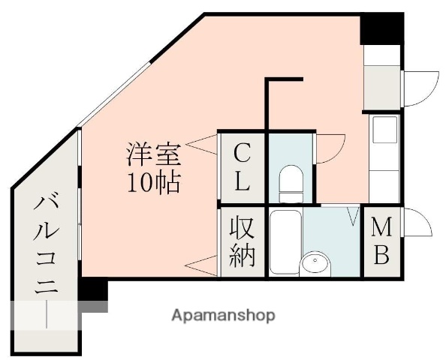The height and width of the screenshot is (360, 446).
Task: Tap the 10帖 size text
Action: (153, 181)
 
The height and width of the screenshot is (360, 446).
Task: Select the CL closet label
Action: (242, 167)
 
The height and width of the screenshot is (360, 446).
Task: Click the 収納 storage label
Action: (242, 241)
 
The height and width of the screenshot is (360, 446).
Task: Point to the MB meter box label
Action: (381, 241)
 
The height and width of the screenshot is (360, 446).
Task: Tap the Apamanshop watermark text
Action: (223, 315)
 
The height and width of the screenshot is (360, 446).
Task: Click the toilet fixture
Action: (289, 182)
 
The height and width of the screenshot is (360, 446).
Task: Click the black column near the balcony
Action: (95, 290)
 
